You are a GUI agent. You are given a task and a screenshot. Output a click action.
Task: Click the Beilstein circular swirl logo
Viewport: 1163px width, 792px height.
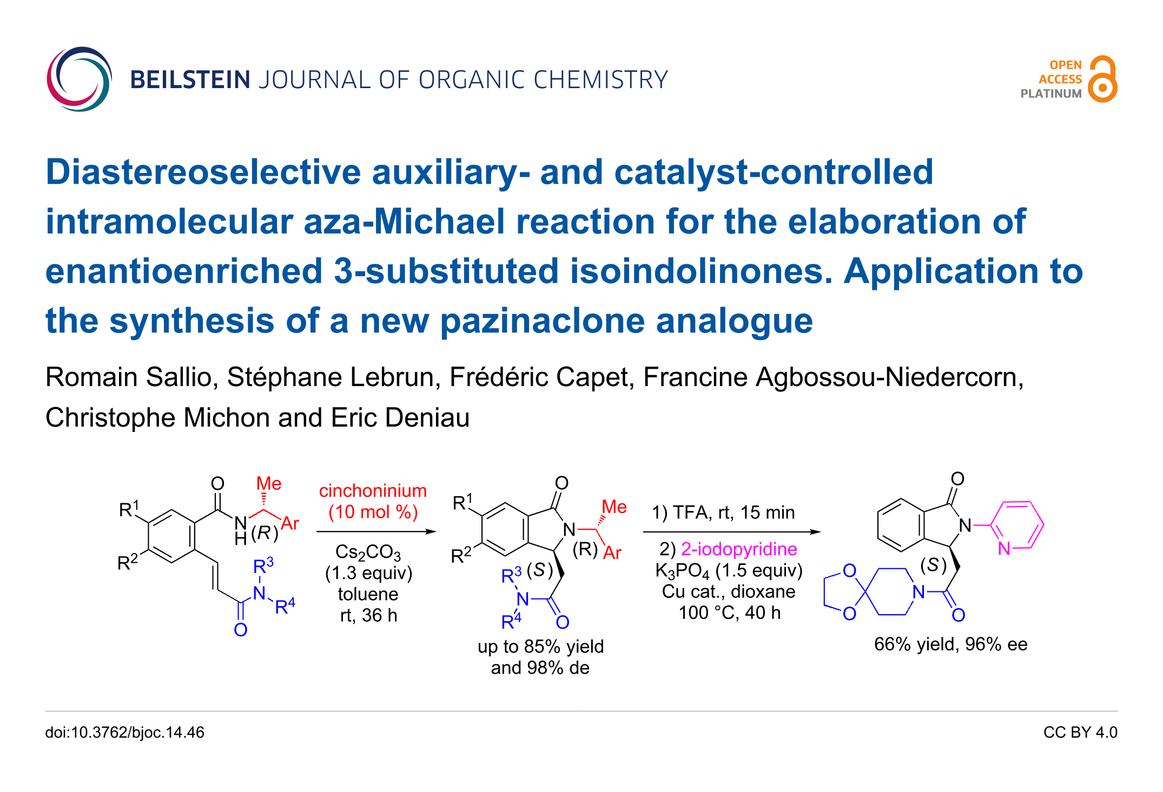click(79, 79)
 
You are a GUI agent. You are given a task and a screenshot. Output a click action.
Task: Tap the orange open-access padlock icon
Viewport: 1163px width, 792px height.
click(1102, 79)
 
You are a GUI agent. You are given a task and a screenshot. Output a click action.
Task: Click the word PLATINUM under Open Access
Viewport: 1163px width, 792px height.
click(1050, 94)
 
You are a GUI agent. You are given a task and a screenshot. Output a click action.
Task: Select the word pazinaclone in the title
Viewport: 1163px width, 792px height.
click(543, 321)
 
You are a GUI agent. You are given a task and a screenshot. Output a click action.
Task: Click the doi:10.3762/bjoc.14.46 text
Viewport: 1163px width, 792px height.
click(124, 733)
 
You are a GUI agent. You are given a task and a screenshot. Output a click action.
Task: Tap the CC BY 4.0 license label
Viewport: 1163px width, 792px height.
click(1080, 733)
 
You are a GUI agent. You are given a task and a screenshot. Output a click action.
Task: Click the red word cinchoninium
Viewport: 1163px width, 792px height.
click(373, 491)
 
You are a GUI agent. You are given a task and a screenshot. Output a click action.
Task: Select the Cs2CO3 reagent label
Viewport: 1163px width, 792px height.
click(368, 552)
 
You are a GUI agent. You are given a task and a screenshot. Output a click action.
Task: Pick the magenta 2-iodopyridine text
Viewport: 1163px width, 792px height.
click(738, 549)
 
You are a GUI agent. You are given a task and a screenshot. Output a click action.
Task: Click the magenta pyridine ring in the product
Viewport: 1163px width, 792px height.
click(1017, 525)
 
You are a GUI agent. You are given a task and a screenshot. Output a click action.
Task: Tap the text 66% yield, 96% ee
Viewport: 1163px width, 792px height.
click(950, 644)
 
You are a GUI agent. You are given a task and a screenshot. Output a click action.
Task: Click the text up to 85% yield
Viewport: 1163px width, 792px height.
click(540, 647)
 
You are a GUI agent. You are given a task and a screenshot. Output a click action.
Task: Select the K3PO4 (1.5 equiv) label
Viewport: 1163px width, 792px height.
click(729, 570)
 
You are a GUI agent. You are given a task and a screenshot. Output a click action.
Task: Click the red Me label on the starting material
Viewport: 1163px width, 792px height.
click(268, 483)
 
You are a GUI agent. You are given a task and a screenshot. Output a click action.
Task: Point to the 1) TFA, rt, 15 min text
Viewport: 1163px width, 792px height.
click(723, 513)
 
